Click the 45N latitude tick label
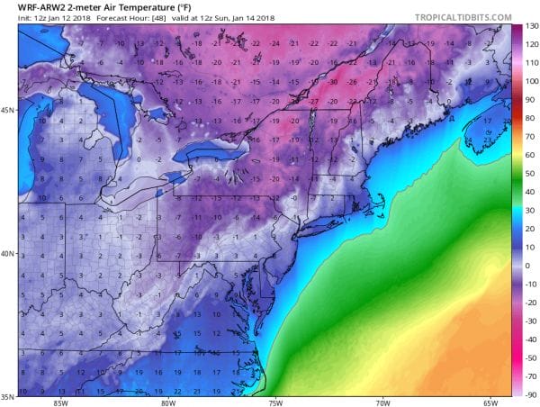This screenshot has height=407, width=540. [x=8, y=111]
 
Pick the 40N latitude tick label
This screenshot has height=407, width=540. [x=8, y=254]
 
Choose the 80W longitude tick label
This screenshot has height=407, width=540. [x=167, y=402]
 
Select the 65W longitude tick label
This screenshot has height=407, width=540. [x=490, y=402]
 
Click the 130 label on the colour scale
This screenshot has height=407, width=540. [x=531, y=25]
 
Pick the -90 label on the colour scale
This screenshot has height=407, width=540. [x=531, y=393]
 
